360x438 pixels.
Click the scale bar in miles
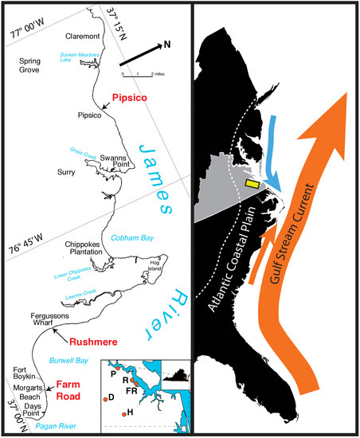point(137,73)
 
